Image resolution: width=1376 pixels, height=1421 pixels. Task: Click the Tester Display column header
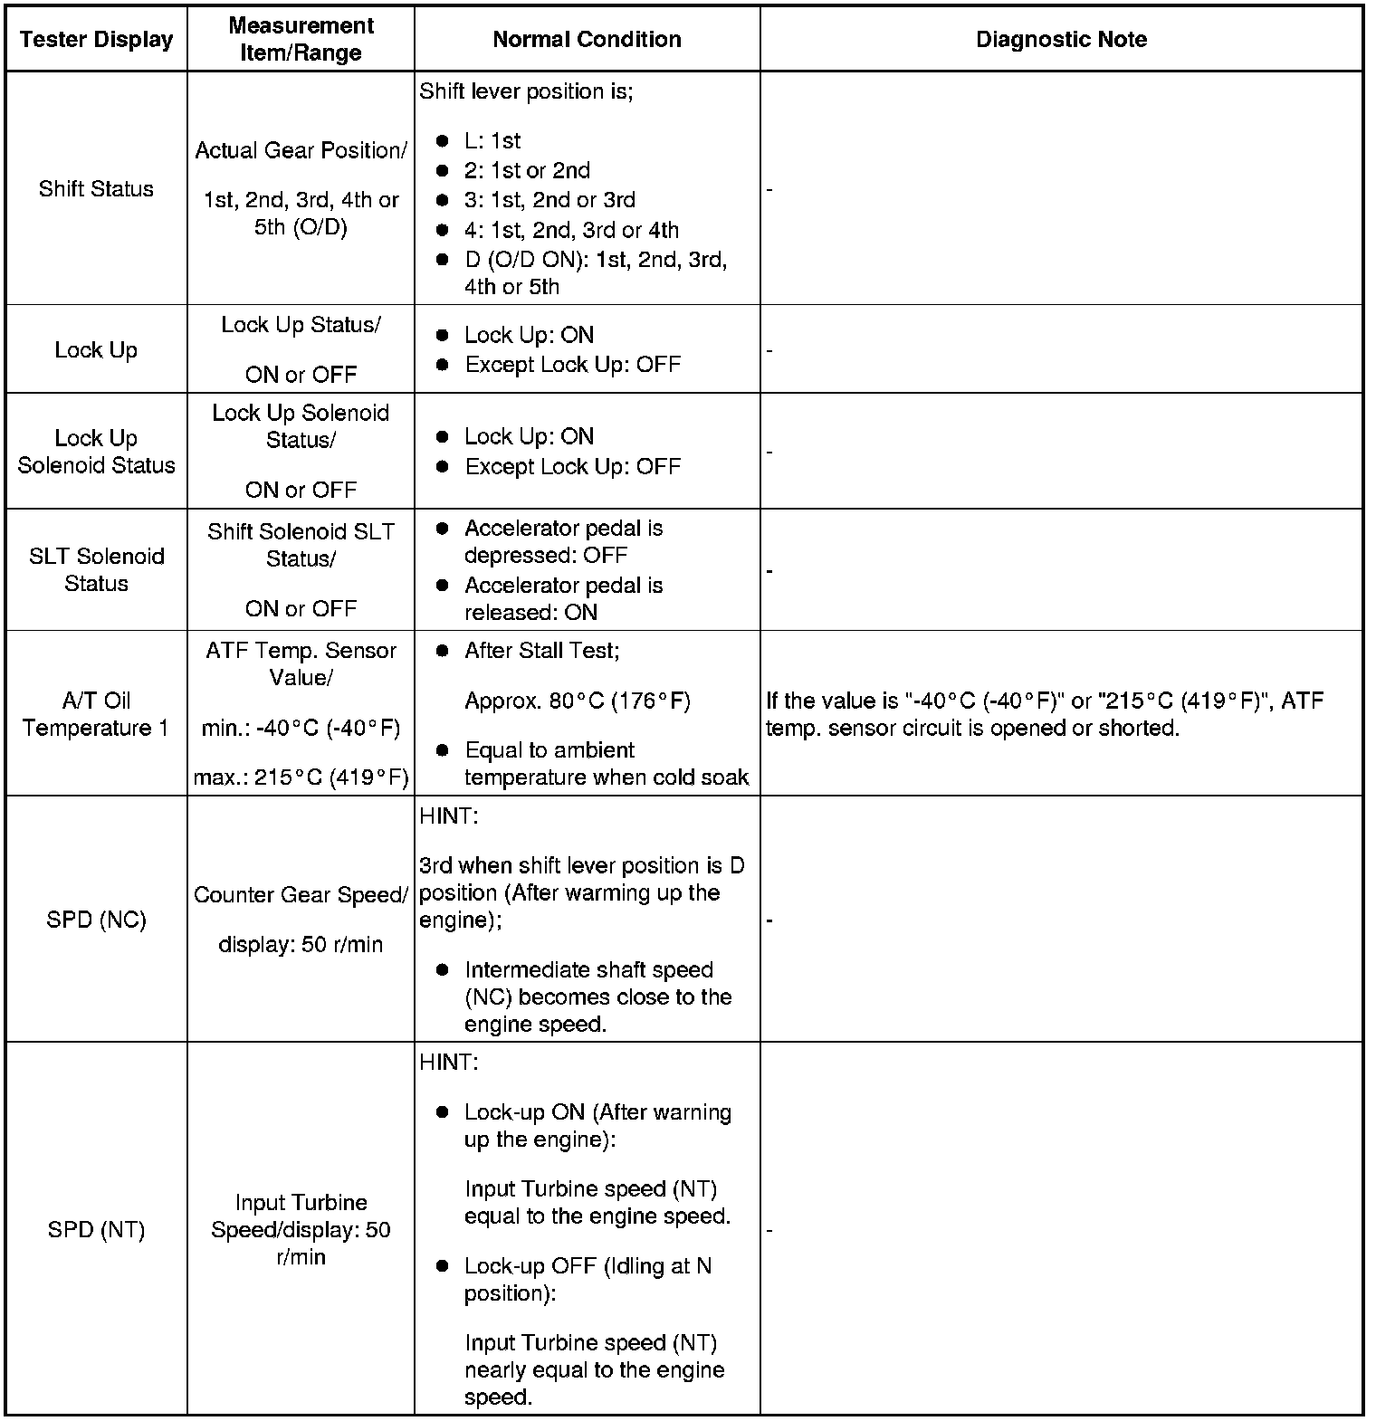pyautogui.click(x=96, y=40)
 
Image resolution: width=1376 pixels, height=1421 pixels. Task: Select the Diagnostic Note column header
pyautogui.click(x=1061, y=40)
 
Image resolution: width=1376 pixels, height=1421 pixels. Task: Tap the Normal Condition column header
pyautogui.click(x=587, y=40)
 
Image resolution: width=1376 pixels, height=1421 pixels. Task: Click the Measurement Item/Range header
pyautogui.click(x=301, y=40)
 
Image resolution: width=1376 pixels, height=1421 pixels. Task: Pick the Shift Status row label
pyautogui.click(x=96, y=189)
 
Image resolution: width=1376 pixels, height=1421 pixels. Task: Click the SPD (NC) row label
pyautogui.click(x=96, y=920)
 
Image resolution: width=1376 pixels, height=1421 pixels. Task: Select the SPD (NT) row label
pyautogui.click(x=96, y=1229)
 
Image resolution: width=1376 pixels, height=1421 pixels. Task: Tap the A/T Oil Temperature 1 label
pyautogui.click(x=96, y=714)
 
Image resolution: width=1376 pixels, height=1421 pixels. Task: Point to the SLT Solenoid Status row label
pyautogui.click(x=96, y=569)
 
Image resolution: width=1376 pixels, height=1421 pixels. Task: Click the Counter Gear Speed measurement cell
pyautogui.click(x=301, y=919)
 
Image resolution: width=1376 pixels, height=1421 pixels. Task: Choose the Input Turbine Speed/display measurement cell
pyautogui.click(x=301, y=1229)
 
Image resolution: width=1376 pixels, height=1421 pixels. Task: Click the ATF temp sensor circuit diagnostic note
pyautogui.click(x=1044, y=714)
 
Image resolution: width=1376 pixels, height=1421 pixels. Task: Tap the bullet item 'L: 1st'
pyautogui.click(x=492, y=141)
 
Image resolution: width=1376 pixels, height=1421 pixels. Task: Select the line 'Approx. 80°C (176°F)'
pyautogui.click(x=578, y=701)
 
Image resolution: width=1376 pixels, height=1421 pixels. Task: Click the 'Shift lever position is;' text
pyautogui.click(x=526, y=91)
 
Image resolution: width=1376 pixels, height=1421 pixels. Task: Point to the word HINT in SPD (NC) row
pyautogui.click(x=448, y=816)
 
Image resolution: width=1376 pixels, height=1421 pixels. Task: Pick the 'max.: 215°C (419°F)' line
pyautogui.click(x=301, y=777)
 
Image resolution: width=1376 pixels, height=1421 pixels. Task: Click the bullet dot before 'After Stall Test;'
pyautogui.click(x=442, y=652)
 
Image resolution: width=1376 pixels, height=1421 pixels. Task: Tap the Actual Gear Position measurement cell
pyautogui.click(x=301, y=188)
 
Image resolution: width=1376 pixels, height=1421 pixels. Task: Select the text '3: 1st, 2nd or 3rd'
pyautogui.click(x=549, y=200)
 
